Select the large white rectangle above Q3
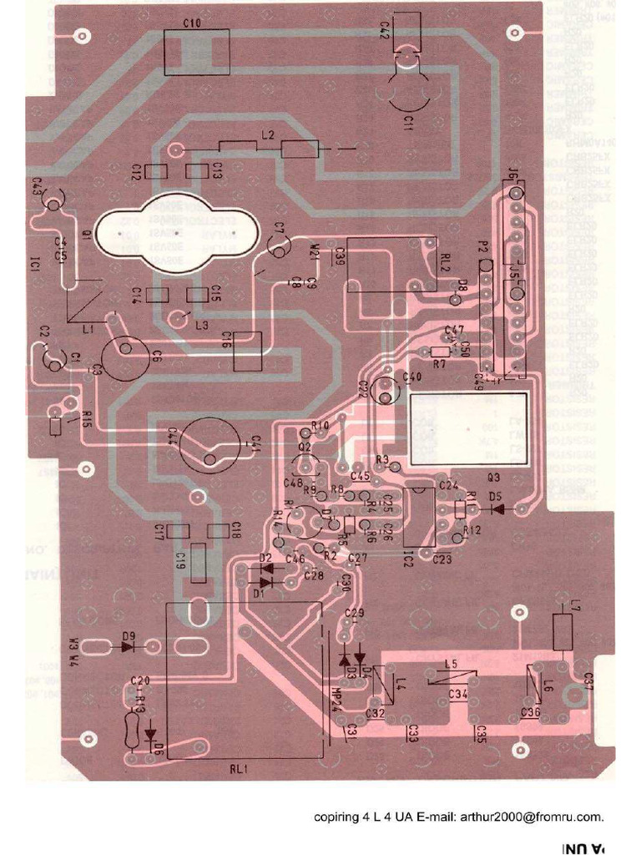[468, 428]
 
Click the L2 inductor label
[268, 134]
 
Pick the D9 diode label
[129, 635]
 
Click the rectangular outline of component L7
[565, 631]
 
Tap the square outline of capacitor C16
[248, 352]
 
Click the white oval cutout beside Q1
[173, 233]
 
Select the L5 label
[451, 664]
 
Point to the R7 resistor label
[439, 365]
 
